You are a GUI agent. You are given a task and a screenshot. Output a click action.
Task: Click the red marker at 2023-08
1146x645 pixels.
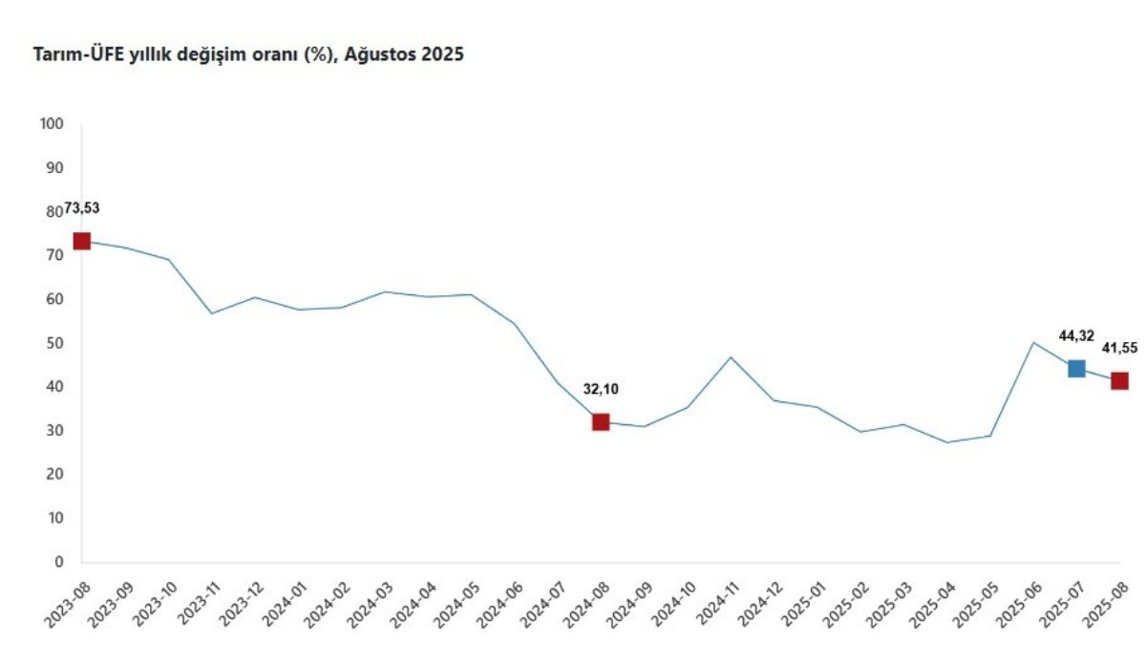(x=81, y=241)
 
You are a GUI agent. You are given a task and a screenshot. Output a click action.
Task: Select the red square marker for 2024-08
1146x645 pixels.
(x=601, y=421)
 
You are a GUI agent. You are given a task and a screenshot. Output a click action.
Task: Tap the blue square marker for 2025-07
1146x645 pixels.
(x=1076, y=368)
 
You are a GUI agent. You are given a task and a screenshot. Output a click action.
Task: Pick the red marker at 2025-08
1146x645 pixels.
(x=1119, y=380)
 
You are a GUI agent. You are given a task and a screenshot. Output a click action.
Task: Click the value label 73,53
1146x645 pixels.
(x=82, y=208)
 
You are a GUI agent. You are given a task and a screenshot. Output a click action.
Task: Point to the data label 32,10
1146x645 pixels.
(x=601, y=389)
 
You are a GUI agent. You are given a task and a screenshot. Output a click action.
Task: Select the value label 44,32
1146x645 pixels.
(x=1076, y=335)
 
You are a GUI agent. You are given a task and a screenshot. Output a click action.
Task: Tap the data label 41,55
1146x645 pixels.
(x=1119, y=348)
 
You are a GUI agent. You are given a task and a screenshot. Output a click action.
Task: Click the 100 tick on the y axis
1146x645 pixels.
(x=52, y=124)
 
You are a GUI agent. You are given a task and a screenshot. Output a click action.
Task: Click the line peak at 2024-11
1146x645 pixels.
(x=731, y=357)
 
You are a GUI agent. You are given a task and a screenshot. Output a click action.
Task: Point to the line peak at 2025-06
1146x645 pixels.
(x=1033, y=342)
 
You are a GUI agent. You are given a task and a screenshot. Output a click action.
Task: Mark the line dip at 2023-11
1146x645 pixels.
(x=211, y=313)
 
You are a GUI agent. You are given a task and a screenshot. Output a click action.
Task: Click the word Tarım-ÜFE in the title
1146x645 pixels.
(x=74, y=55)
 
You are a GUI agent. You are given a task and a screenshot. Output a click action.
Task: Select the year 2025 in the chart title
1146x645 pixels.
(x=445, y=55)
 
